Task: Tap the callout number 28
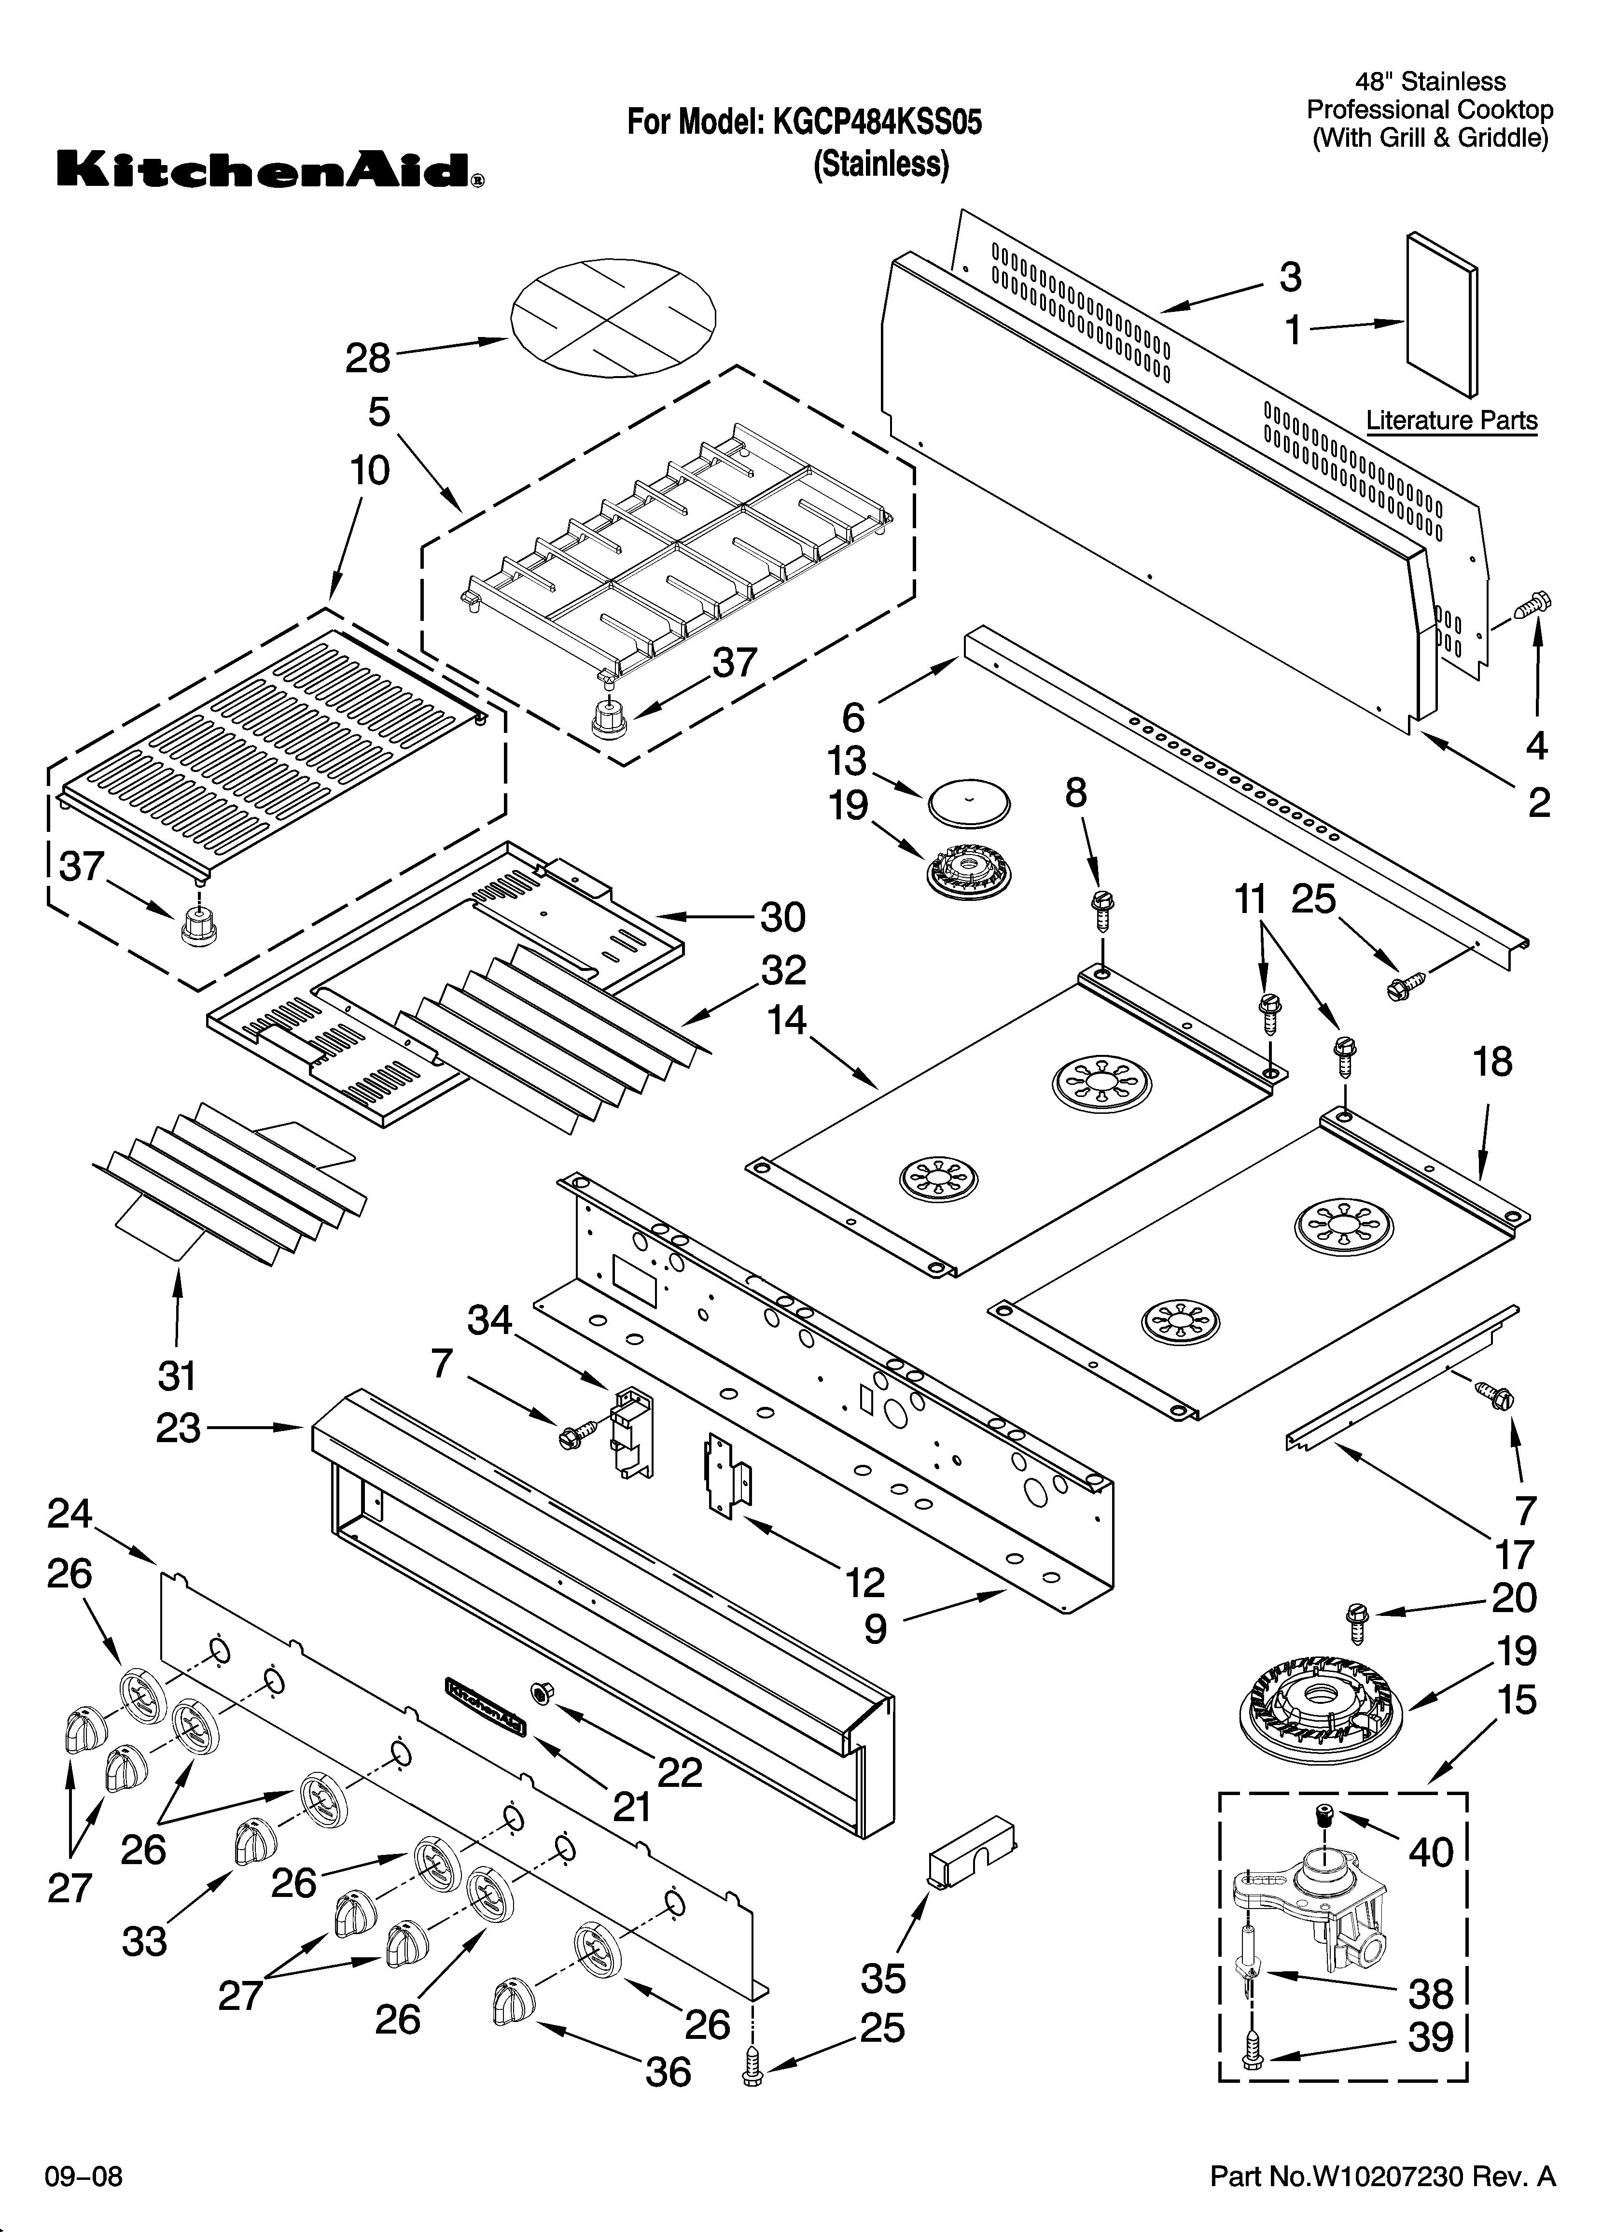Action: coord(368,358)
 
